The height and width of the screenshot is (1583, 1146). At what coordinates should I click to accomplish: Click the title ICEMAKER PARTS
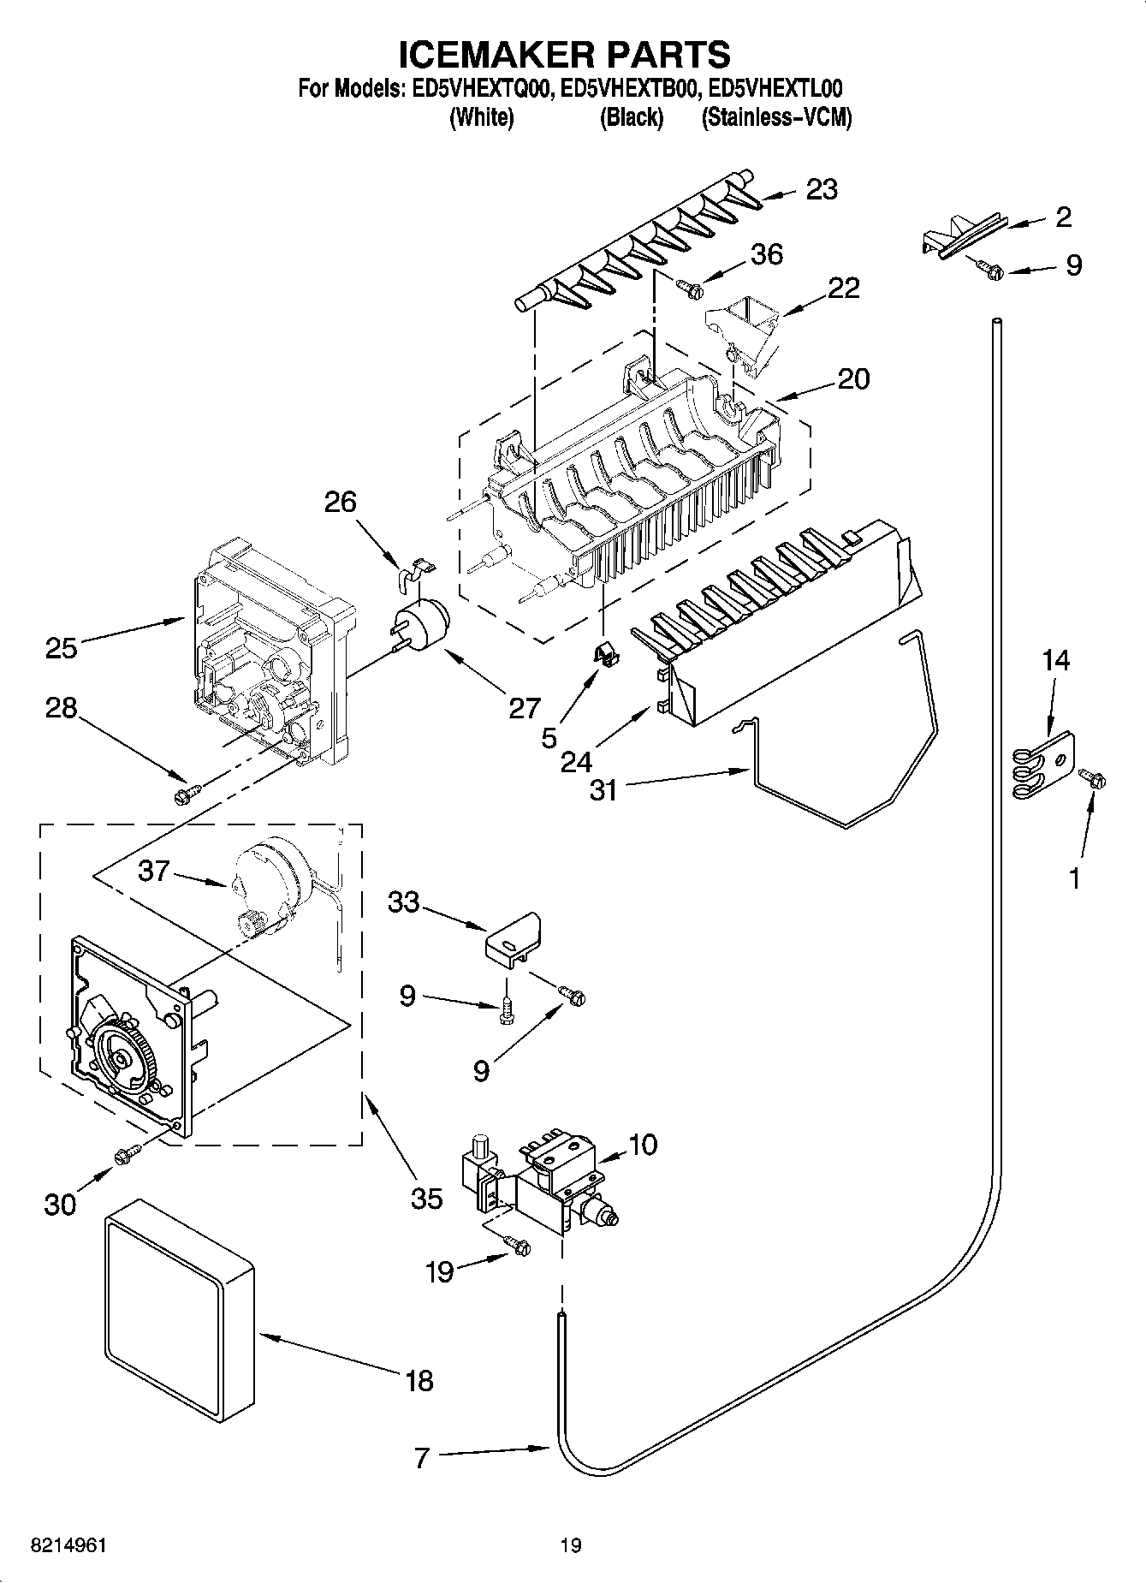565,54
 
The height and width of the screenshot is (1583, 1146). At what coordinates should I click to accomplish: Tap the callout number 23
822,189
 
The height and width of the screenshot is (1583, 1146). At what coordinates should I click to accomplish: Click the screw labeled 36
690,289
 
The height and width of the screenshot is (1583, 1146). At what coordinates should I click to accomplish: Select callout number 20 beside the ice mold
853,378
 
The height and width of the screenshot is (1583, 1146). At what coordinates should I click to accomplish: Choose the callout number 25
62,648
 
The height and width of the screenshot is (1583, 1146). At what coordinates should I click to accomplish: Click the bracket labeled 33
512,940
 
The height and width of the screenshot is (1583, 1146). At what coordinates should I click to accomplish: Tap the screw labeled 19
517,1247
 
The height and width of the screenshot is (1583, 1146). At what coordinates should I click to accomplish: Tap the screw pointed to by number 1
1092,778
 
